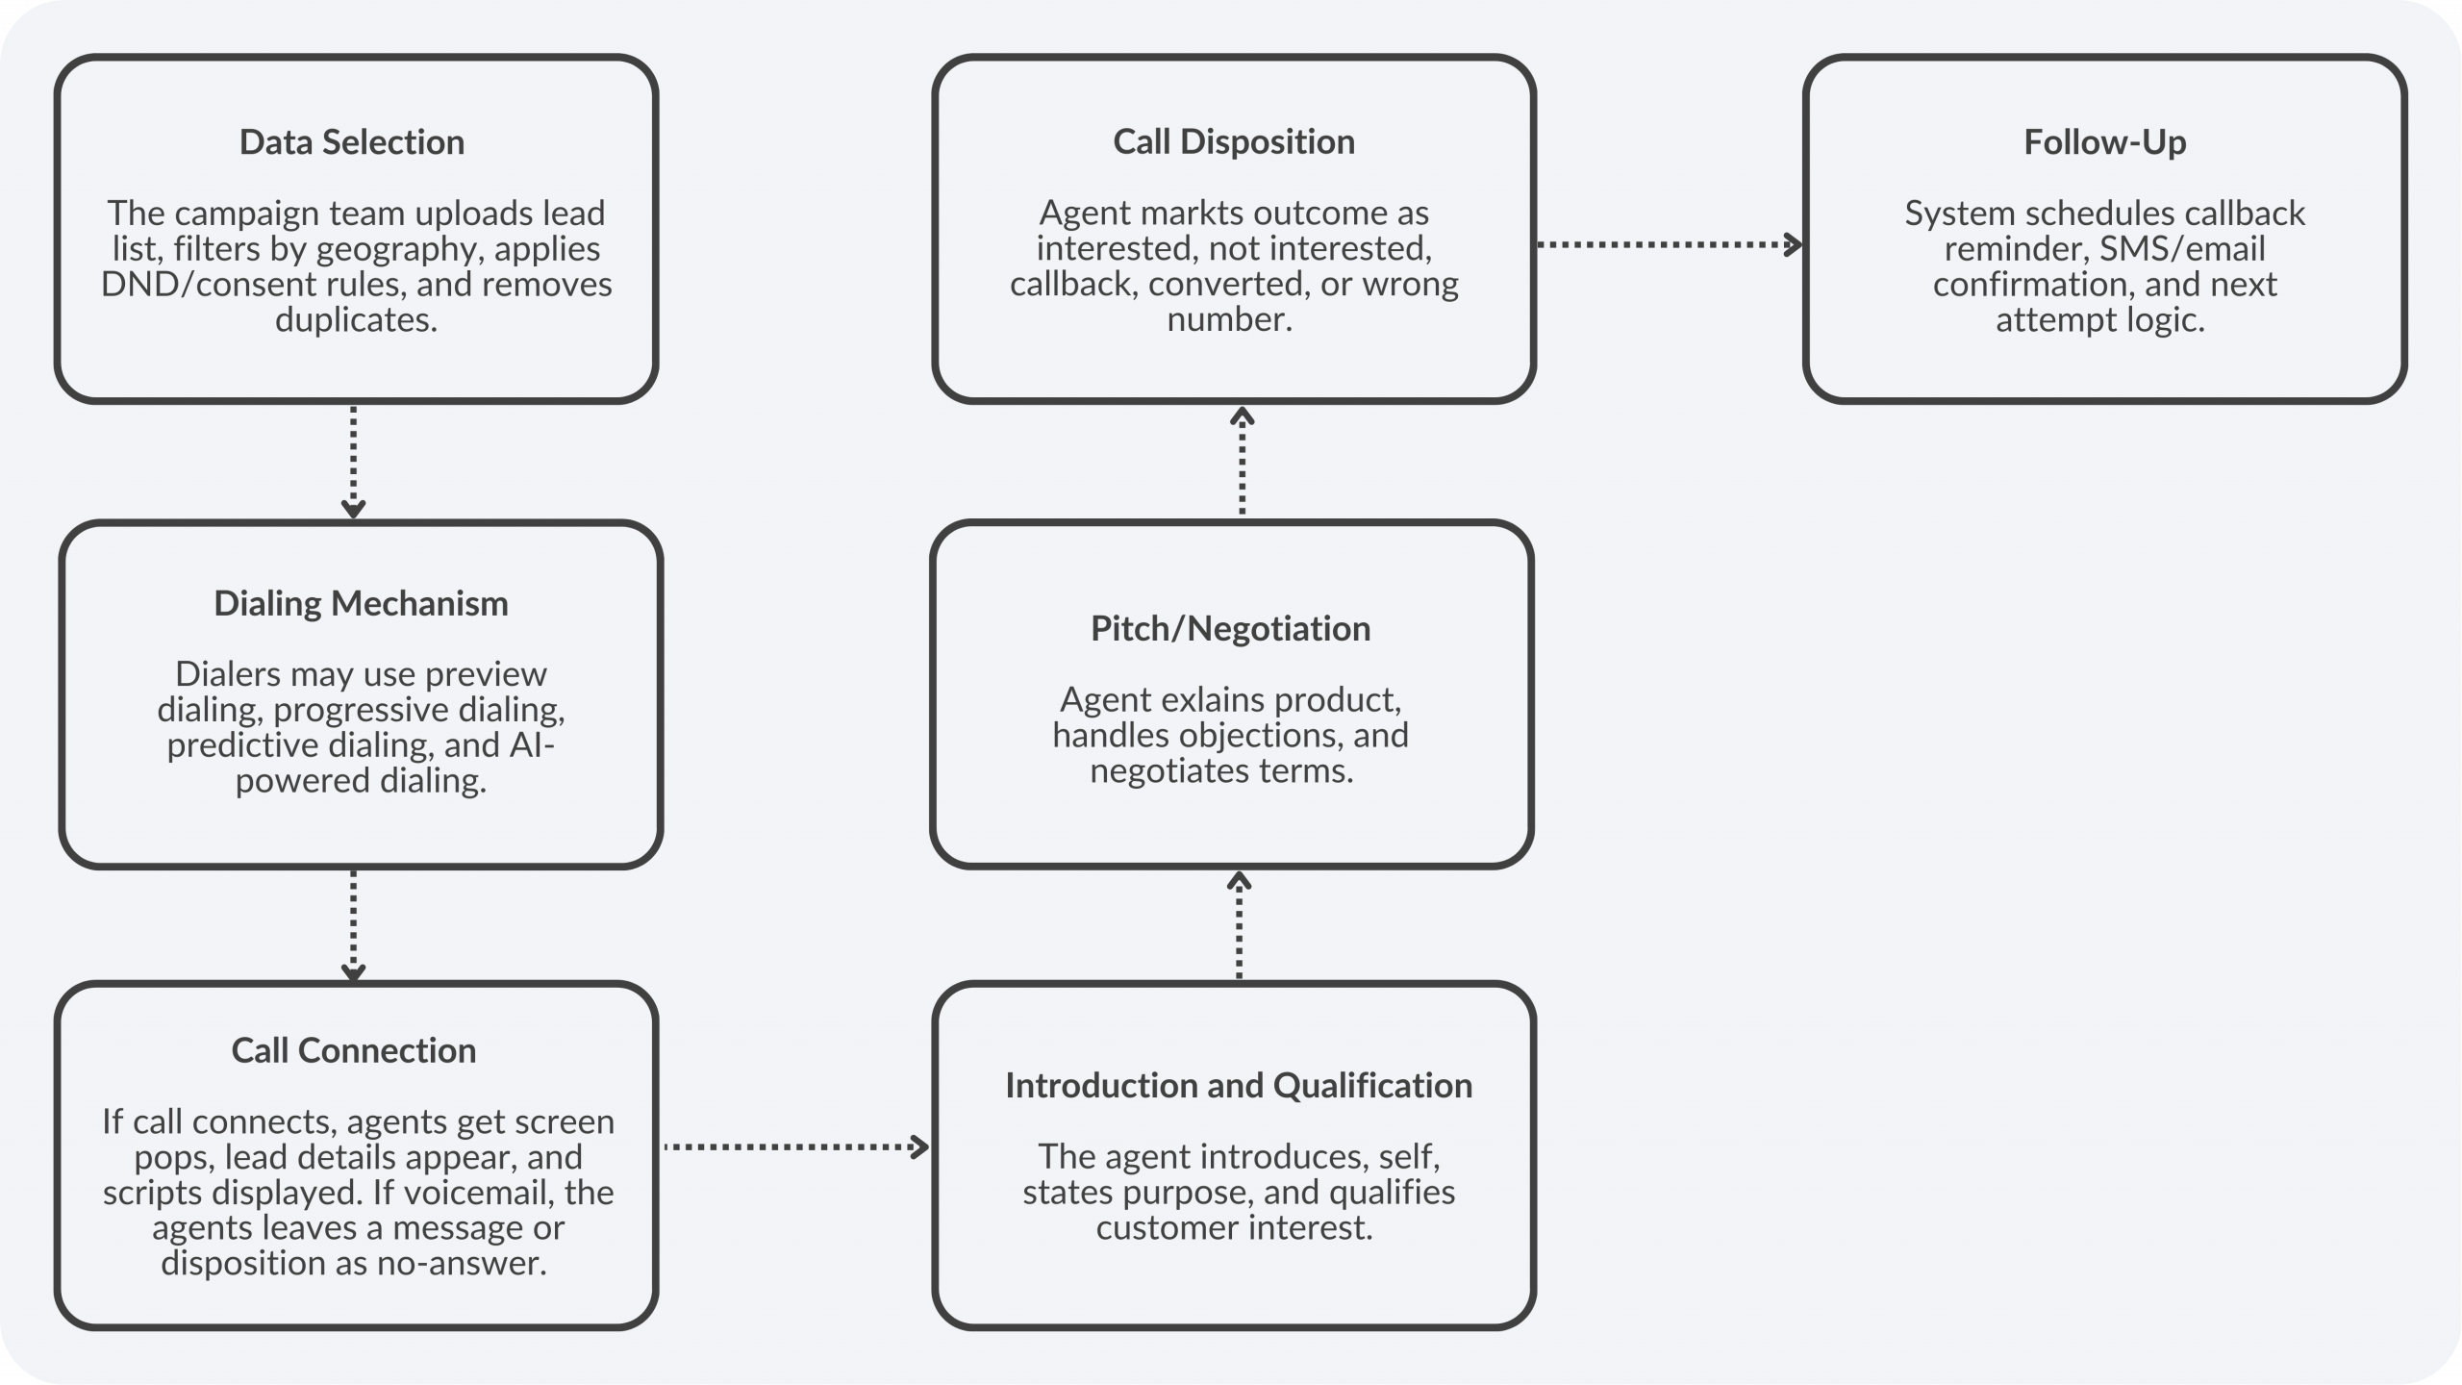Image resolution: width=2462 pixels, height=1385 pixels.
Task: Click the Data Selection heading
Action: tap(352, 142)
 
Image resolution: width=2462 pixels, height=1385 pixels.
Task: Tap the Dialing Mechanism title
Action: tap(361, 603)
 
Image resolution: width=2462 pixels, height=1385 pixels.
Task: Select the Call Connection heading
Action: tap(353, 1050)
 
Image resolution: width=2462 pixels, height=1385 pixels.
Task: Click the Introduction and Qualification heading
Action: tap(1238, 1085)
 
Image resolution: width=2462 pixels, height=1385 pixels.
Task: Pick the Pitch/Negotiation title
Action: tap(1230, 628)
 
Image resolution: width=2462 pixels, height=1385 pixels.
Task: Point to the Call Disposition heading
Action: tap(1233, 142)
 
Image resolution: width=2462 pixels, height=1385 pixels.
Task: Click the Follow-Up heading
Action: tap(2104, 142)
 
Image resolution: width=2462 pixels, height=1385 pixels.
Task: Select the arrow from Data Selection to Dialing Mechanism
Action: tap(353, 462)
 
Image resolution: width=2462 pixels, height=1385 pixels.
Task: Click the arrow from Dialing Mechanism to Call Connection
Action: tap(353, 925)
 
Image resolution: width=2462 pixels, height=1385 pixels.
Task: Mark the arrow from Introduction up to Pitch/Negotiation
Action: tap(1239, 925)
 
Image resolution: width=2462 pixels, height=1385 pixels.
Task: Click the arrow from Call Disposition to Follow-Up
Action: tap(1669, 245)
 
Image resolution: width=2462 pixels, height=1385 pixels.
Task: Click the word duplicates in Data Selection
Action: tap(356, 319)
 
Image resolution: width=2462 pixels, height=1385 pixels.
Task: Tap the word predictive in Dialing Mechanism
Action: tap(228, 745)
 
